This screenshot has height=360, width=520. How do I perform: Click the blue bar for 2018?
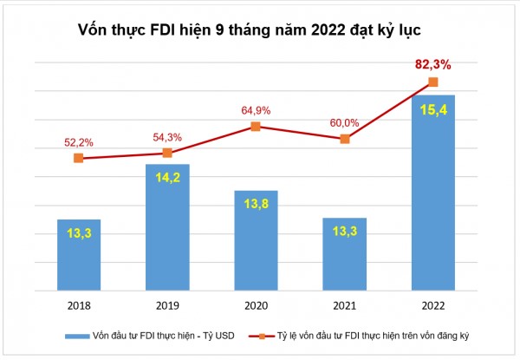point(79,256)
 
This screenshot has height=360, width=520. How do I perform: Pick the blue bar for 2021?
point(344,255)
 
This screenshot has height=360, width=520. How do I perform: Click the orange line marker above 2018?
point(79,158)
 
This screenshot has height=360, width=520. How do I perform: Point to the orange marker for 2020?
point(255,127)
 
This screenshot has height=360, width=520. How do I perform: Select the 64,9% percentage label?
point(256,109)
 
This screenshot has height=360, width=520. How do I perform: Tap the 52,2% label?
point(79,141)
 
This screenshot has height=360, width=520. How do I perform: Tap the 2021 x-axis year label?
point(344,305)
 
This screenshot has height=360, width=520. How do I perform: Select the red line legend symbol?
point(257,334)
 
